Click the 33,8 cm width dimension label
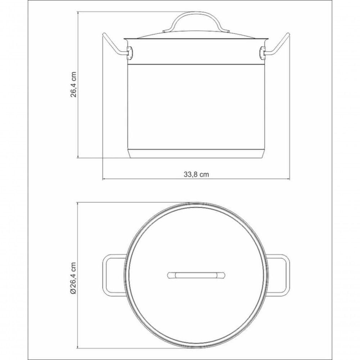(196, 174)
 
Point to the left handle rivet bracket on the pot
(130, 53)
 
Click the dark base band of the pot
(196, 154)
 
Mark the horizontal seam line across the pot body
(196, 64)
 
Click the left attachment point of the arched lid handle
(166, 31)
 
